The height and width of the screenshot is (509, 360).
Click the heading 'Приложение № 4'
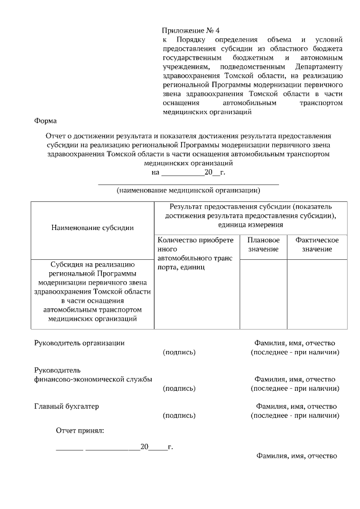click(188, 30)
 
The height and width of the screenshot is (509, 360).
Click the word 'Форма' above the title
click(46, 121)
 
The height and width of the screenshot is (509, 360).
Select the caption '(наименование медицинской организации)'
click(188, 190)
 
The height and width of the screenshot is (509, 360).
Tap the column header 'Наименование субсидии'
click(92, 228)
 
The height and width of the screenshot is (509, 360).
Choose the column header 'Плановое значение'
click(263, 245)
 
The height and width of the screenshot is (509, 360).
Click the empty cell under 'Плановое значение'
click(263, 294)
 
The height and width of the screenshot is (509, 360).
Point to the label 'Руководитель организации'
click(79, 343)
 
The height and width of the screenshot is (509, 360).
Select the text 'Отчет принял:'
click(80, 431)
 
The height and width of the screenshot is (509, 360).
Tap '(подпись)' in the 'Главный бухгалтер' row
click(179, 416)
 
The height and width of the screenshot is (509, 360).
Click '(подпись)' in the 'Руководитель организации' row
click(179, 352)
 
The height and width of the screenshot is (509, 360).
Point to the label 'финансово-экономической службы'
click(93, 379)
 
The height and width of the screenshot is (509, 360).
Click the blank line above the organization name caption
click(188, 183)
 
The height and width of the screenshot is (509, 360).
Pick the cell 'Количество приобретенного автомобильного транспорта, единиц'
click(195, 253)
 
